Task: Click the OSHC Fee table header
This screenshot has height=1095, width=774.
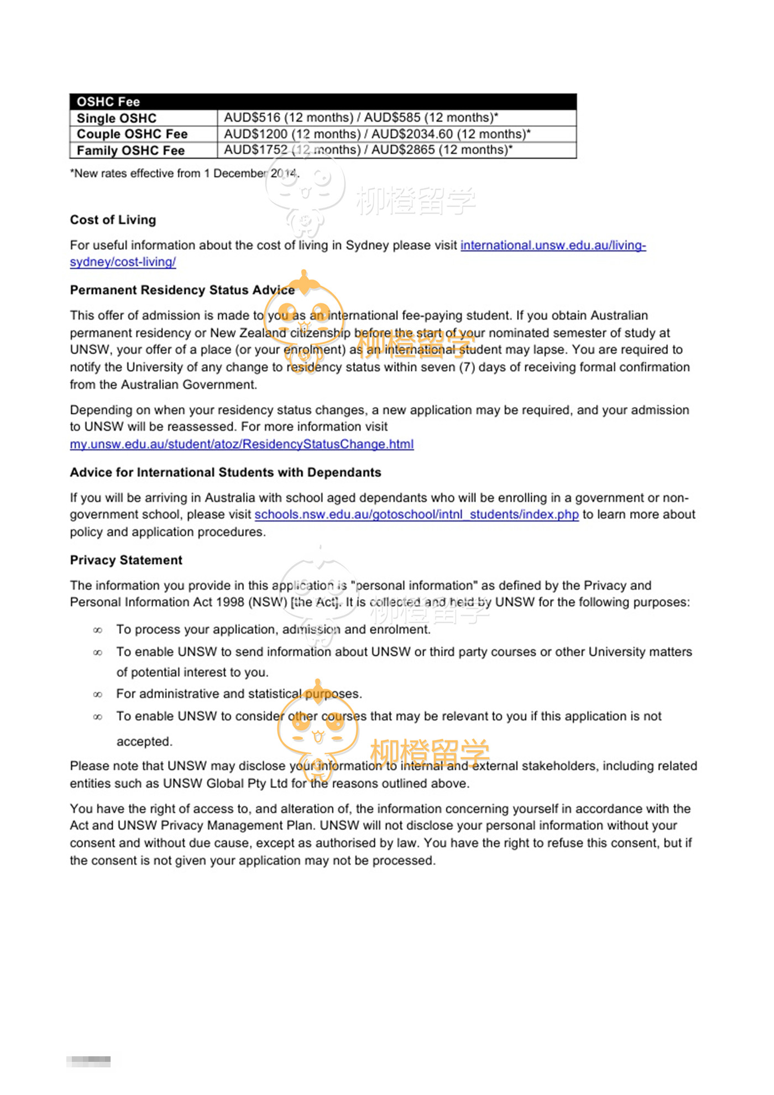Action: (108, 102)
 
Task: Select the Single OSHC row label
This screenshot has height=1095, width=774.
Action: (117, 118)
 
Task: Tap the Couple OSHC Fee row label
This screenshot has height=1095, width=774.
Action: (132, 134)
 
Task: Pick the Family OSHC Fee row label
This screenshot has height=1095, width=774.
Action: (130, 150)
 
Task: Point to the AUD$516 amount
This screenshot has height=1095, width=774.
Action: (252, 118)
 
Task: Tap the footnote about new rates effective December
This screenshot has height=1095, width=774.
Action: (185, 174)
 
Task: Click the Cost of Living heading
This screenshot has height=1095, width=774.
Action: (113, 220)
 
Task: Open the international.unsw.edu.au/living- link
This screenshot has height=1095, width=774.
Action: (553, 246)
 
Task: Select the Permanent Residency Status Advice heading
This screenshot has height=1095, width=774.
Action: (182, 290)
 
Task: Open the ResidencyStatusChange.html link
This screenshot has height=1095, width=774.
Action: (242, 444)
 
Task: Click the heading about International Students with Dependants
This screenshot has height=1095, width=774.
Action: (226, 473)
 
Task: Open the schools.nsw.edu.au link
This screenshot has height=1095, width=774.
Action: (416, 515)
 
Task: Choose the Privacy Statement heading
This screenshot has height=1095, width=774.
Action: (126, 560)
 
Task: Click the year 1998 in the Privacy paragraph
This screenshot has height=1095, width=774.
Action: (231, 602)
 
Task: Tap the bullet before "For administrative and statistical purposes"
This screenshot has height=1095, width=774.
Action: (98, 695)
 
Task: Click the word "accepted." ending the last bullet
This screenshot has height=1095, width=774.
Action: (144, 742)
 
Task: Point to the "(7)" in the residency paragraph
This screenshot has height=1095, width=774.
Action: (467, 368)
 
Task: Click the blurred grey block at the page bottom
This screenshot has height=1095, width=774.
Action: (88, 1061)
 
